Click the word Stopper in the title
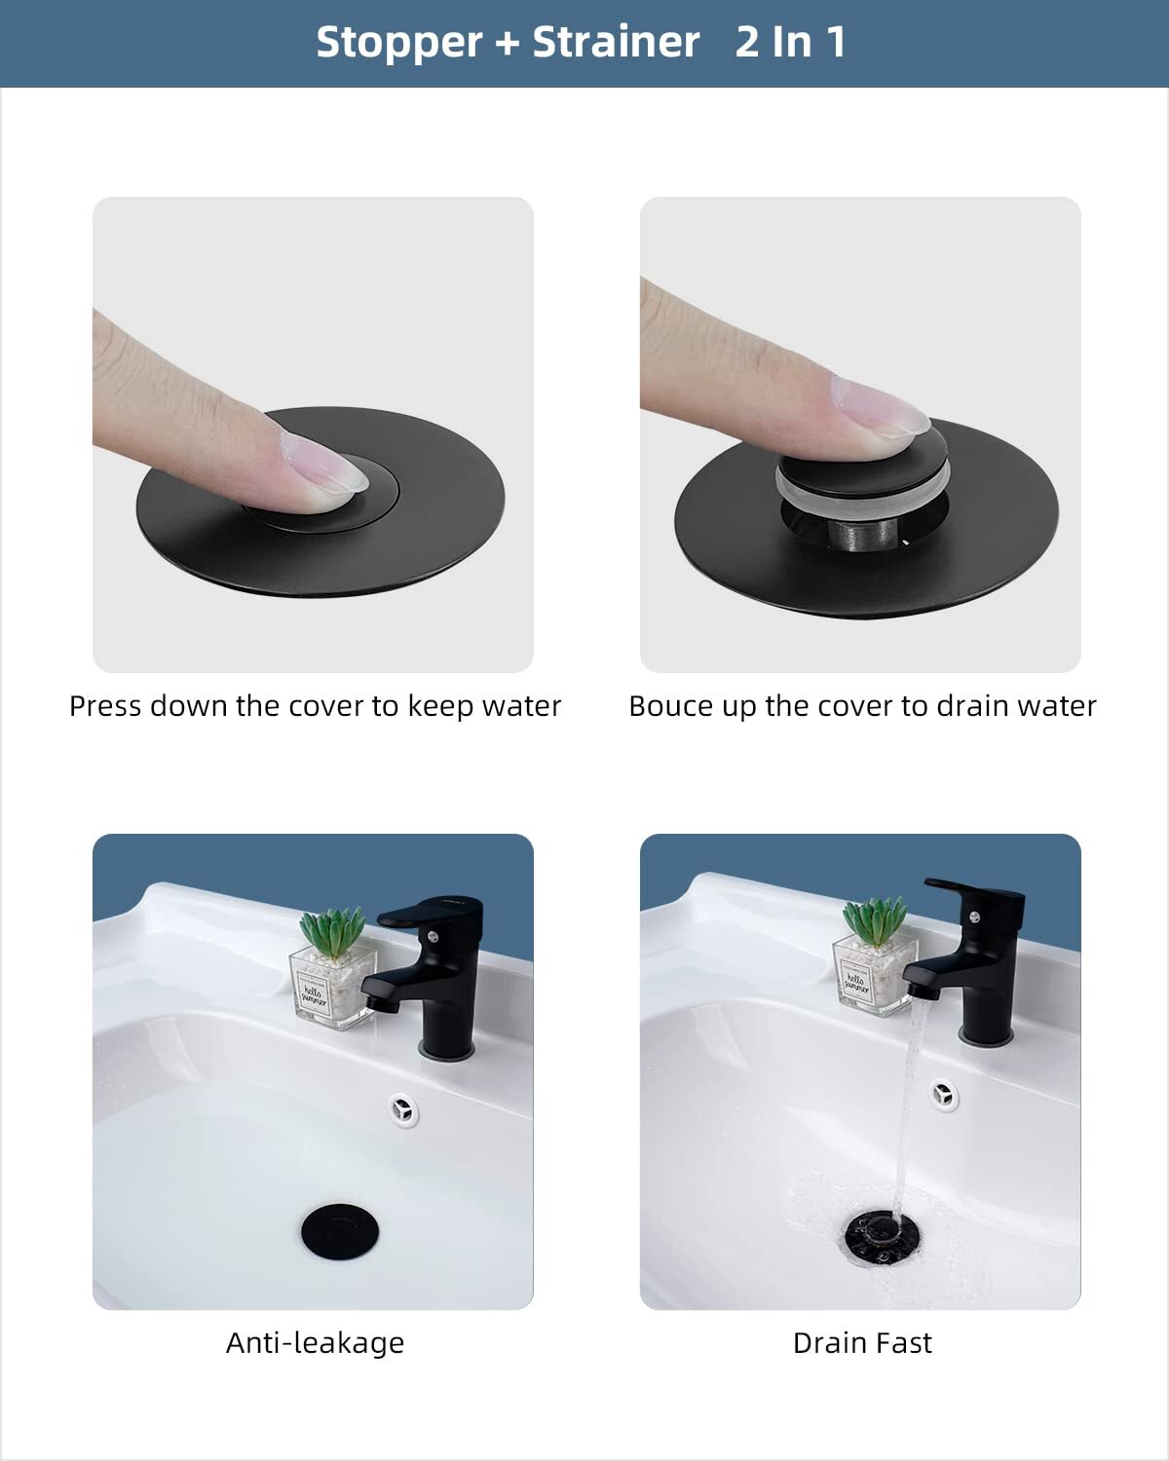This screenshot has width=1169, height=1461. click(x=398, y=43)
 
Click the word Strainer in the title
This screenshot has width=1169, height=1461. click(x=616, y=43)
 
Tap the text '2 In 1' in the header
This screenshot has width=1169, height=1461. click(x=790, y=43)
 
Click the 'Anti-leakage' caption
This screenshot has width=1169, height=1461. click(x=315, y=1343)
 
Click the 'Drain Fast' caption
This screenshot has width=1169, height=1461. click(x=862, y=1343)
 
